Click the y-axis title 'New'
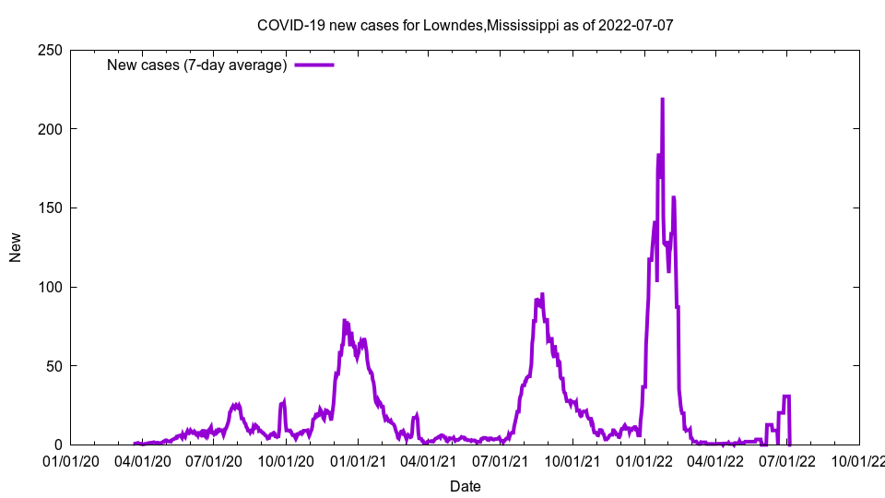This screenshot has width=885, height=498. pyautogui.click(x=16, y=247)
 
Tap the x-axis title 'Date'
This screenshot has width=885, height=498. pyautogui.click(x=466, y=486)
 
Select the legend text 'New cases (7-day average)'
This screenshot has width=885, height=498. pyautogui.click(x=197, y=65)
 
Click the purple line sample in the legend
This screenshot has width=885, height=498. pyautogui.click(x=314, y=65)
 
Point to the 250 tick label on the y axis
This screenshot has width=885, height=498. pyautogui.click(x=50, y=50)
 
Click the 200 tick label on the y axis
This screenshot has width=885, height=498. pyautogui.click(x=50, y=129)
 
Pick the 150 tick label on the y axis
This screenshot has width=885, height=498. pyautogui.click(x=50, y=207)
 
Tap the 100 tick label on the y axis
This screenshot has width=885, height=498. pyautogui.click(x=50, y=287)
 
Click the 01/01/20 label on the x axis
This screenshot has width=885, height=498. pyautogui.click(x=71, y=461)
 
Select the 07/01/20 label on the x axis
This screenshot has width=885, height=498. pyautogui.click(x=214, y=461)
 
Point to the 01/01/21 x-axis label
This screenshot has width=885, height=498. pyautogui.click(x=359, y=461)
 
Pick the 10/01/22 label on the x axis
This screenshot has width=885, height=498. pyautogui.click(x=859, y=461)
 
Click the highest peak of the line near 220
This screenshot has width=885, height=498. pyautogui.click(x=662, y=99)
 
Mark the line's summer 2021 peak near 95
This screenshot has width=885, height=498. pyautogui.click(x=542, y=294)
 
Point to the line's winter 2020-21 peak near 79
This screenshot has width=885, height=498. pyautogui.click(x=344, y=320)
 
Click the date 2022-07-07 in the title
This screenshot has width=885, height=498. pyautogui.click(x=635, y=25)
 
